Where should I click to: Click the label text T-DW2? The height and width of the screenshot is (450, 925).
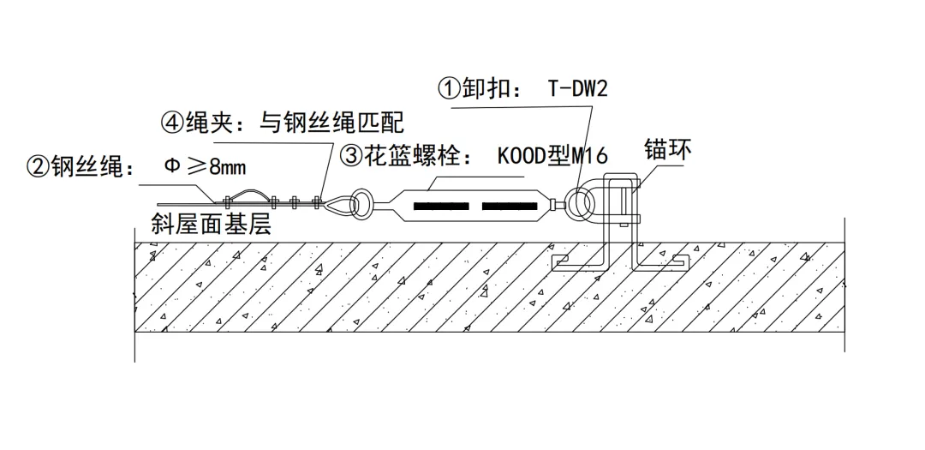pos(576,88)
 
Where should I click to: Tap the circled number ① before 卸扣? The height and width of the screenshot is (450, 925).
pos(450,89)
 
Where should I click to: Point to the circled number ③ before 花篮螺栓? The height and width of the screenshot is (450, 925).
pos(351,156)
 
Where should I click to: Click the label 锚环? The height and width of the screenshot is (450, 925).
pos(667,151)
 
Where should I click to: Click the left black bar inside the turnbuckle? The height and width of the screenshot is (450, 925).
pos(440,207)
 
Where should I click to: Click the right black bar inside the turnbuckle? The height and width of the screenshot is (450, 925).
pos(511,207)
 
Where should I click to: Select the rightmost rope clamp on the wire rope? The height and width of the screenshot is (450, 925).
pos(317,203)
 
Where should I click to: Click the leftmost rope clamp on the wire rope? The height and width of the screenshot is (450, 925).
pos(227,203)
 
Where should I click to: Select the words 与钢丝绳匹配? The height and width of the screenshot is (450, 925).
pos(331,123)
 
